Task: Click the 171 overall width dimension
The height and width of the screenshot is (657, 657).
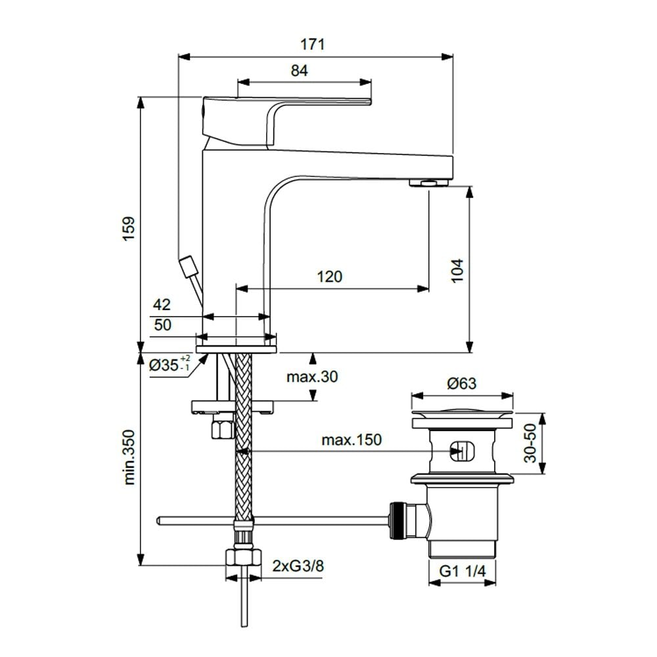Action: [313, 45]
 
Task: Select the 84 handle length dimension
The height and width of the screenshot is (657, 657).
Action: [299, 70]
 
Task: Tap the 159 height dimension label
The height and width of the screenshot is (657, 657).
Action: [128, 228]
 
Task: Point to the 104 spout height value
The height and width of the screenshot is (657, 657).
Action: [457, 270]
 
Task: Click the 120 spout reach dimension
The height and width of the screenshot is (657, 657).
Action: [329, 277]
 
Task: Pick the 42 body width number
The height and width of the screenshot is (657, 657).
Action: [162, 305]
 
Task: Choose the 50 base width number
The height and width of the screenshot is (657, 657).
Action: [162, 325]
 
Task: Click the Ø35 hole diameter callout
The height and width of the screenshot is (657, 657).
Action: [170, 364]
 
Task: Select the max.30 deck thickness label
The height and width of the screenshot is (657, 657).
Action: [311, 376]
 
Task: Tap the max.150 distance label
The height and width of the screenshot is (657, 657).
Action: [351, 440]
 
